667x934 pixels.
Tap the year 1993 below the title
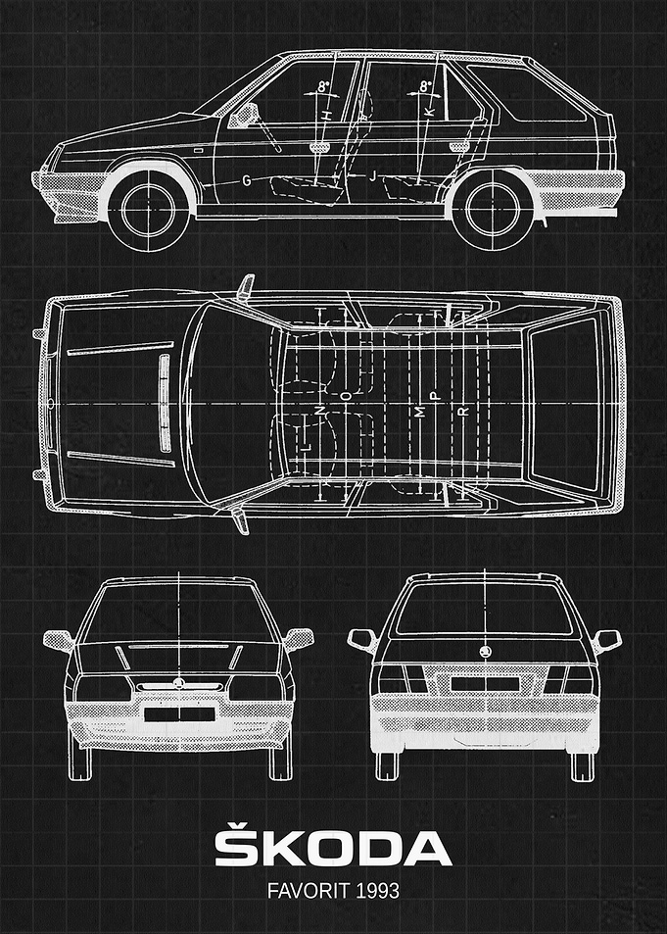point(377,891)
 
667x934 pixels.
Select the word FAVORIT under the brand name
point(309,891)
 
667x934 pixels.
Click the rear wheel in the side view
point(493,209)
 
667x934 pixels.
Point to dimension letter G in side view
point(247,180)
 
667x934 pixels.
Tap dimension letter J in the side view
point(373,175)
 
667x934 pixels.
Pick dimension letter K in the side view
point(430,111)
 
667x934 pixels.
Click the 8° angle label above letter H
point(323,86)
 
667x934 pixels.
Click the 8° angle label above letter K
point(426,86)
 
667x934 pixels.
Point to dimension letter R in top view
point(464,411)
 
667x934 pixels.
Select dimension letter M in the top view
point(420,412)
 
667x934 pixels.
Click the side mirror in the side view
point(244,116)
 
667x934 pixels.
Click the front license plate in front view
point(179,714)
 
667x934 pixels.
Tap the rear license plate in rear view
point(485,684)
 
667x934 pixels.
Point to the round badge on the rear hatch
point(485,652)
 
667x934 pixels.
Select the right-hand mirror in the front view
point(299,639)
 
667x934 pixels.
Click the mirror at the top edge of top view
point(246,286)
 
